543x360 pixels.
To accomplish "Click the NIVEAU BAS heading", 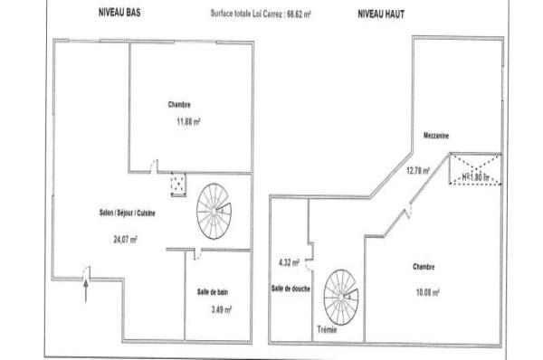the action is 117,15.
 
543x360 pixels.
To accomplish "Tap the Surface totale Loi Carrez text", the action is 261,15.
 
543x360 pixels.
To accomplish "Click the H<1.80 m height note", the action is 475,177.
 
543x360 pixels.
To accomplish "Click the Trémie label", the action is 328,329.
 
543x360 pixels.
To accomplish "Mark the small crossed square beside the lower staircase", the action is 179,185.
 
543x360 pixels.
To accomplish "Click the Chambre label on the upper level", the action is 424,267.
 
